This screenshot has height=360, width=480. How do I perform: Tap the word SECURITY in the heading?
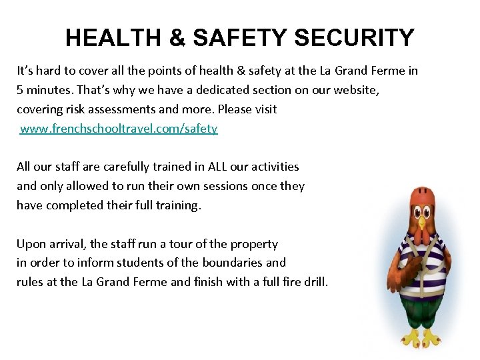(353, 38)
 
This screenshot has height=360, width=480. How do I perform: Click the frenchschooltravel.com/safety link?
(119, 129)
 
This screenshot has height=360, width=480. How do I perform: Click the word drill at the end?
(315, 282)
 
